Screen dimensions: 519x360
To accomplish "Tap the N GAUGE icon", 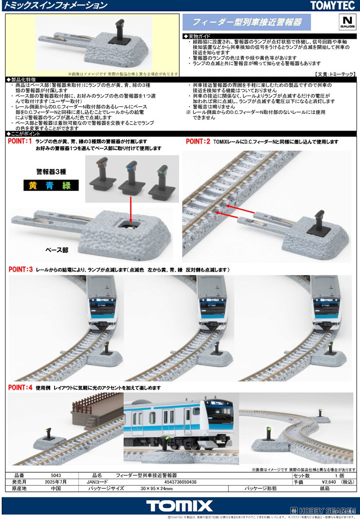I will [347, 22].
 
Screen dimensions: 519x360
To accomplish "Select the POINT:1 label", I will [20, 141].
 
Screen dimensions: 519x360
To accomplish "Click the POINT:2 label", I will [198, 141].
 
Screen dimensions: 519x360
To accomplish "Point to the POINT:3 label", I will [20, 269].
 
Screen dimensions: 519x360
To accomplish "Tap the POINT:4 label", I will [20, 388].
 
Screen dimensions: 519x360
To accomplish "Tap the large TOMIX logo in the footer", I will [180, 506].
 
